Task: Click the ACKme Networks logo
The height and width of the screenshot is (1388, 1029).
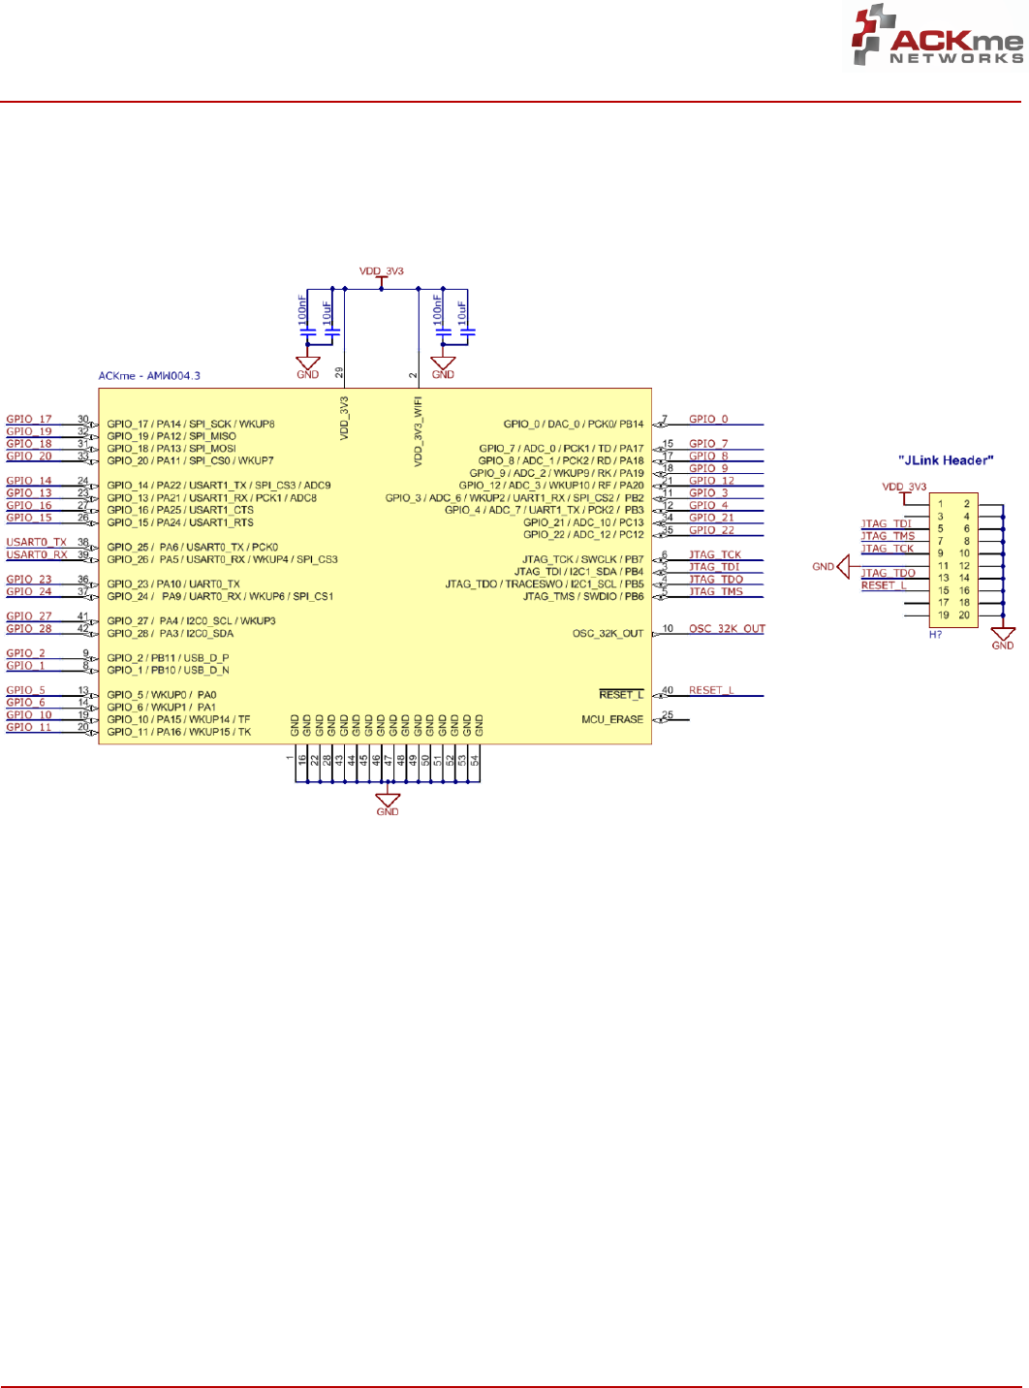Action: [x=936, y=37]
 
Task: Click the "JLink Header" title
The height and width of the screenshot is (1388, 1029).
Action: [x=947, y=460]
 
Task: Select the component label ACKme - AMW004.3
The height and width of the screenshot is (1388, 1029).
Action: [x=149, y=376]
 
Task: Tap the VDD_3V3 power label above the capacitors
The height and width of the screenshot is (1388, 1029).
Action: [x=381, y=272]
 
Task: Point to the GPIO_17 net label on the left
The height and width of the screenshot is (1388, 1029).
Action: [x=29, y=420]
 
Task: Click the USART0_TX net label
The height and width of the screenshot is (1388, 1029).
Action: [x=37, y=543]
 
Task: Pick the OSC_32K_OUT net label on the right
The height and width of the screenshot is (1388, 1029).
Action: [x=727, y=629]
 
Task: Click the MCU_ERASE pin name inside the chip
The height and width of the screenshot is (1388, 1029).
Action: [x=611, y=719]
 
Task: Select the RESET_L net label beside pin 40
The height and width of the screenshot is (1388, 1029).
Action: [x=711, y=690]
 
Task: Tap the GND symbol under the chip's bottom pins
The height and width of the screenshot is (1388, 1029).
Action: [x=388, y=804]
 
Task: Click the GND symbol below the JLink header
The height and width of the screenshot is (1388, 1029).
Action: [x=1003, y=637]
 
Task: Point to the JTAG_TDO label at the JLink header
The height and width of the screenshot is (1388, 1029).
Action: [x=888, y=573]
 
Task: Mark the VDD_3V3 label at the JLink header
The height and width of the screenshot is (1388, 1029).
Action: [x=904, y=487]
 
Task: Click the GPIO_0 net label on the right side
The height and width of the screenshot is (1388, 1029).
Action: [x=708, y=420]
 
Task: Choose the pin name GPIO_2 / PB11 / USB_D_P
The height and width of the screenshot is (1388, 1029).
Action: [x=168, y=658]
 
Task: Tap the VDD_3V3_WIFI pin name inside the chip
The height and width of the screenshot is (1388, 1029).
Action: [x=419, y=430]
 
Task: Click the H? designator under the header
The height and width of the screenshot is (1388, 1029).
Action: [x=935, y=634]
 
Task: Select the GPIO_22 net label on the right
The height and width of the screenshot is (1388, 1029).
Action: [x=711, y=530]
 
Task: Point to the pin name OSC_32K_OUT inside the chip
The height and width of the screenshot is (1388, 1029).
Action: [x=608, y=634]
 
